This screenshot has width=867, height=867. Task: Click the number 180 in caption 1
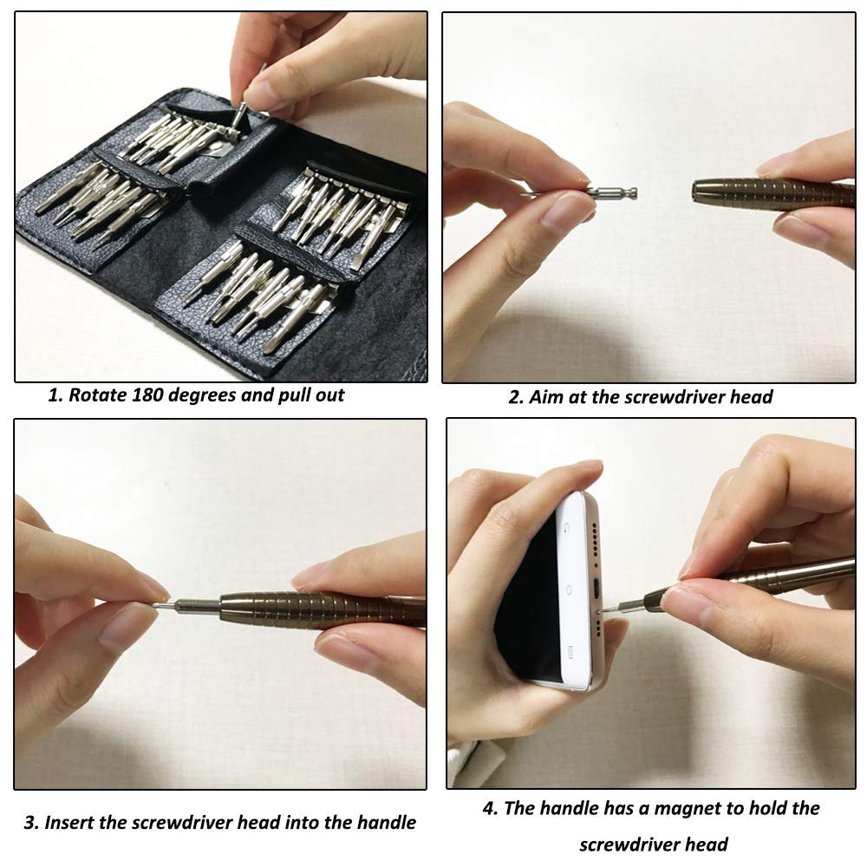click(147, 394)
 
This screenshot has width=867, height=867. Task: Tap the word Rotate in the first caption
click(97, 394)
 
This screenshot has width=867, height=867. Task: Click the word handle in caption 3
click(386, 822)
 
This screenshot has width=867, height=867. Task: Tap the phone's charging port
click(597, 588)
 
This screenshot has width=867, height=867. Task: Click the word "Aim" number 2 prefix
click(516, 397)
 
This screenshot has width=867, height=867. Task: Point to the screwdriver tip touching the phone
click(604, 610)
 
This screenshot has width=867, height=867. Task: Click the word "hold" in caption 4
click(758, 808)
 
